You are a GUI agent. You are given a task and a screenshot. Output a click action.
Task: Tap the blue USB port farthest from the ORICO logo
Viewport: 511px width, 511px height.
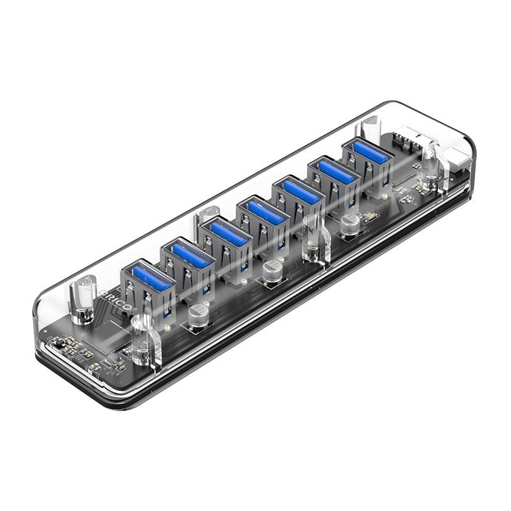click(x=365, y=153)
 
